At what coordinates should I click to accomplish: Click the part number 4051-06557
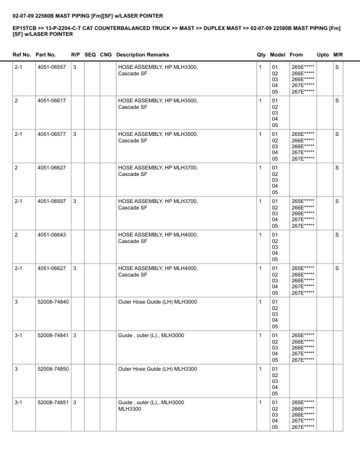click(x=51, y=68)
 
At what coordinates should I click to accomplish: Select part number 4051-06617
click(x=51, y=101)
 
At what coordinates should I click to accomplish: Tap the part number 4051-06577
click(x=51, y=135)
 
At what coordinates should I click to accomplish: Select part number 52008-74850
click(x=52, y=370)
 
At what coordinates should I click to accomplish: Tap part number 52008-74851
click(x=52, y=403)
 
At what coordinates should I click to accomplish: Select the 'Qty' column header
click(x=261, y=55)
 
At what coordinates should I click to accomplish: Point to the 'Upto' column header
click(x=323, y=55)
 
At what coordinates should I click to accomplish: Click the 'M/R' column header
click(x=338, y=55)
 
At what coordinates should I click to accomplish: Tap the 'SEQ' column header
click(x=91, y=55)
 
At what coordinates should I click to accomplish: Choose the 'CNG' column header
click(x=106, y=55)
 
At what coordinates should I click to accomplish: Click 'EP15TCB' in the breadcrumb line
click(x=24, y=28)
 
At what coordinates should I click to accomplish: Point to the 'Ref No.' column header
click(x=22, y=55)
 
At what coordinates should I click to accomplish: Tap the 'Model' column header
click(x=278, y=55)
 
